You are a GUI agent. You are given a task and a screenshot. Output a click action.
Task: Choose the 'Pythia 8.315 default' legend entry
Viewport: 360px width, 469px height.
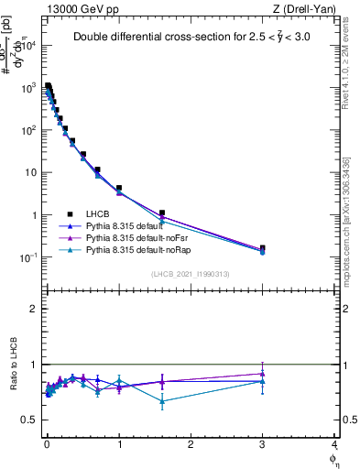coord(128,224)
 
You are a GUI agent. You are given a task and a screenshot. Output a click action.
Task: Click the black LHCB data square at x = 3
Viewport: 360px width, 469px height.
coord(263,247)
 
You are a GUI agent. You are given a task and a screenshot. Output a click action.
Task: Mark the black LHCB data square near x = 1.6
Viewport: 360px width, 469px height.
coord(162,213)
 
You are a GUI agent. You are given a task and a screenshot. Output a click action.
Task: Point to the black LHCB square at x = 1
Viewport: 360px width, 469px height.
coord(119,188)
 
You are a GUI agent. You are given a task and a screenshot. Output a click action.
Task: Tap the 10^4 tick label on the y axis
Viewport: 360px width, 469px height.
coord(29,45)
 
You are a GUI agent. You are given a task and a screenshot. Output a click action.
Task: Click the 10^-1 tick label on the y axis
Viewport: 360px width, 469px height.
coord(29,258)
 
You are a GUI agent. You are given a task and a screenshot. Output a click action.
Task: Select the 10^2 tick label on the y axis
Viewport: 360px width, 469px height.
coord(29,130)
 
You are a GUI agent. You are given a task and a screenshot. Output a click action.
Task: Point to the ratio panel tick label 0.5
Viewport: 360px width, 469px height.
coord(31,420)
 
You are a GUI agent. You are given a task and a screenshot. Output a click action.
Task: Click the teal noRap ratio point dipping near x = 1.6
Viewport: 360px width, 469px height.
coord(162,401)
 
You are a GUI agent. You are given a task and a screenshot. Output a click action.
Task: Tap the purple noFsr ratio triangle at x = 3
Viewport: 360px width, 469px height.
coord(263,373)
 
